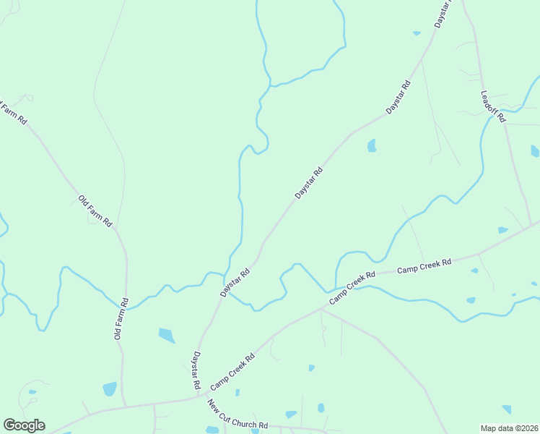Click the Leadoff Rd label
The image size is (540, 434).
point(493,105)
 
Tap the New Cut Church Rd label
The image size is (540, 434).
point(238,414)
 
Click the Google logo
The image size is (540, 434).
point(24,425)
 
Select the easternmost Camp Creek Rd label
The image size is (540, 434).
point(424,265)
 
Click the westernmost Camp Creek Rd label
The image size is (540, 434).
point(233,372)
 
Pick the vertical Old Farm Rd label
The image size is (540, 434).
point(121,319)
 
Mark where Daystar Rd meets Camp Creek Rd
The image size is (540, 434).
point(199,396)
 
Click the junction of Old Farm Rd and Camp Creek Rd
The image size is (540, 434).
point(124,406)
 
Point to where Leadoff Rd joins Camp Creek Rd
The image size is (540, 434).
point(532,225)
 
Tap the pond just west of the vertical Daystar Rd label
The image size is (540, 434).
point(166,335)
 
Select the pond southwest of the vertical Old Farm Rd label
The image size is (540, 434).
point(109,388)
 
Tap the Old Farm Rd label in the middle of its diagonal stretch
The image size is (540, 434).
point(95,211)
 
